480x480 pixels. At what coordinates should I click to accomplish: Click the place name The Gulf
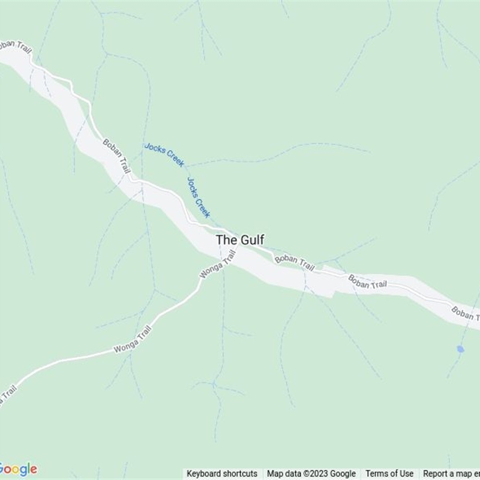pyautogui.click(x=239, y=239)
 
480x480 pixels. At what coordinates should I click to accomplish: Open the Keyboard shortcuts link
pyautogui.click(x=222, y=473)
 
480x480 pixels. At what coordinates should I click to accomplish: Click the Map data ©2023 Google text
pyautogui.click(x=311, y=473)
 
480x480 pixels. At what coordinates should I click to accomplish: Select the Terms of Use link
pyautogui.click(x=389, y=473)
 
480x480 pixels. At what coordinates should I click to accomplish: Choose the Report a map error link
pyautogui.click(x=451, y=473)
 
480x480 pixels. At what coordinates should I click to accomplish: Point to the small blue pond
pyautogui.click(x=460, y=349)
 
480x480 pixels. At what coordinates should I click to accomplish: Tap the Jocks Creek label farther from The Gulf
pyautogui.click(x=164, y=154)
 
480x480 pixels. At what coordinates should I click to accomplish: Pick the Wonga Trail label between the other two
pyautogui.click(x=133, y=340)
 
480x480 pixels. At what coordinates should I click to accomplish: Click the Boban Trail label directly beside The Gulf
pyautogui.click(x=295, y=262)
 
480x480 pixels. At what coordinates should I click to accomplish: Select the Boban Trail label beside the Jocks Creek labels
pyautogui.click(x=116, y=157)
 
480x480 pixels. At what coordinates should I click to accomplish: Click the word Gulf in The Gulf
pyautogui.click(x=252, y=239)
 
